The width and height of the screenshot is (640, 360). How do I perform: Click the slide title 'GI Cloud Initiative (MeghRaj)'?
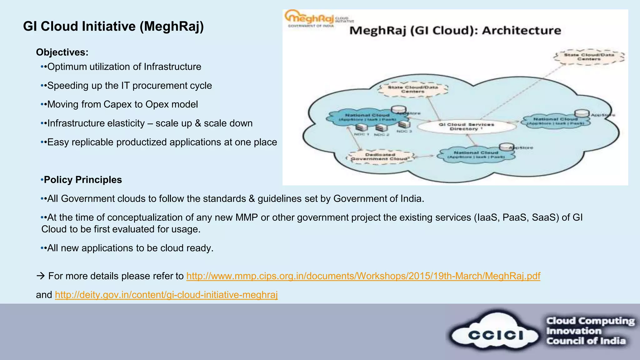tap(113, 26)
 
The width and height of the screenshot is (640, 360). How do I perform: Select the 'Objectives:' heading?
tap(62, 52)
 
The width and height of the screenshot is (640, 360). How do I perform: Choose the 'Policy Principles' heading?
tap(83, 180)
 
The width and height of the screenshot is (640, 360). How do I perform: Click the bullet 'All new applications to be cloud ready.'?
tap(130, 248)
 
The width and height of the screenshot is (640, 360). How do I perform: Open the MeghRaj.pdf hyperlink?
tap(363, 276)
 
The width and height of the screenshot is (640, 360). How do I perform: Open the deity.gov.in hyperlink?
tap(166, 295)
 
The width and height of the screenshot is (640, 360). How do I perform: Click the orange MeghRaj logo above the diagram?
tap(309, 18)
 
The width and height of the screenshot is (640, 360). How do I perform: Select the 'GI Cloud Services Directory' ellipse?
tap(466, 127)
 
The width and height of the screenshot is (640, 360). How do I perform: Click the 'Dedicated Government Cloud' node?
tap(380, 157)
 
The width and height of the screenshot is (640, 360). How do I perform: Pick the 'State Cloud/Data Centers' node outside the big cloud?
tap(589, 57)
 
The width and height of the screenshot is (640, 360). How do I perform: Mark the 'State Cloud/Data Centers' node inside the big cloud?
tap(412, 89)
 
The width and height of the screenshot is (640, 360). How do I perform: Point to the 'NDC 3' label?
tap(404, 131)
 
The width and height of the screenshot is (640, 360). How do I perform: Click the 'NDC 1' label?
tap(362, 134)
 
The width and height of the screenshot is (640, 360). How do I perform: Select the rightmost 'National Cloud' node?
tap(555, 121)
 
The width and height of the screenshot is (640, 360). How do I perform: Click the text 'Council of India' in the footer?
tap(586, 341)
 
